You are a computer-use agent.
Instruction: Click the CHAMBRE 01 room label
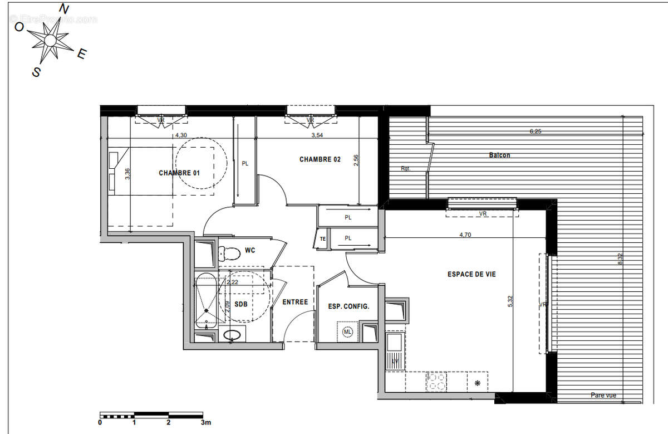pos(179,173)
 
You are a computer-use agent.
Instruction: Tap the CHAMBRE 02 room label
pos(320,159)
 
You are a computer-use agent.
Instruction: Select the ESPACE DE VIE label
pos(471,274)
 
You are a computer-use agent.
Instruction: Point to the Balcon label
pos(499,155)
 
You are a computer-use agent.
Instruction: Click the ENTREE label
pos(295,302)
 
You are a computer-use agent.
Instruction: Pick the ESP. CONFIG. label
pos(349,306)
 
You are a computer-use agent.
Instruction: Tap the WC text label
pos(250,251)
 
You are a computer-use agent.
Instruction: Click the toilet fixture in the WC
pos(229,254)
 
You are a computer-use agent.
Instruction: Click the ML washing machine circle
pos(348,332)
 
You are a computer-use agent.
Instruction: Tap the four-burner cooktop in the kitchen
pos(436,382)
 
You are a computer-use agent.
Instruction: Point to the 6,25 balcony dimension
pos(535,132)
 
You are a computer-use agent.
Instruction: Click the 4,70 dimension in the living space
pos(465,235)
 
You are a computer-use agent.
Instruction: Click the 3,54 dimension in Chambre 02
pos(317,135)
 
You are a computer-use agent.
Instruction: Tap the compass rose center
pos(50,40)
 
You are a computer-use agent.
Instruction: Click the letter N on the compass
pos(65,9)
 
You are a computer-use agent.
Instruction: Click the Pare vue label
pos(603,396)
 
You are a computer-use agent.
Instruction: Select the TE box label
pos(322,239)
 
